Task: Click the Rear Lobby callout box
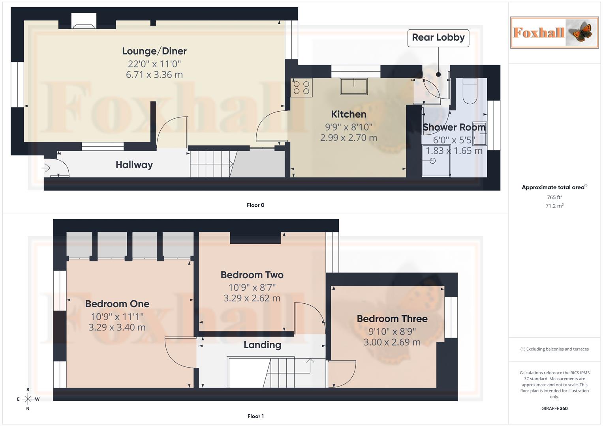438,38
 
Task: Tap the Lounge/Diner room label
154,51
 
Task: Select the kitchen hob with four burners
301,88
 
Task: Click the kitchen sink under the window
353,86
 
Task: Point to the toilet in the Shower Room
470,92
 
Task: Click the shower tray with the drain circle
436,161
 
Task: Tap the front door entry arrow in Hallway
46,168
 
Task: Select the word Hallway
134,165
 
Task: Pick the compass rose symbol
28,399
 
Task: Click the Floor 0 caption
255,205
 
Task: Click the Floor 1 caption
255,416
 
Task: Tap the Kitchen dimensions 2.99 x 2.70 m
348,138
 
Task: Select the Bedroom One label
117,304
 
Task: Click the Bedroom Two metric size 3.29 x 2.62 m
252,298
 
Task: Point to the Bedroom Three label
392,319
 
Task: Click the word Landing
262,345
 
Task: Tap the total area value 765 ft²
554,197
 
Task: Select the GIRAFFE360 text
554,409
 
